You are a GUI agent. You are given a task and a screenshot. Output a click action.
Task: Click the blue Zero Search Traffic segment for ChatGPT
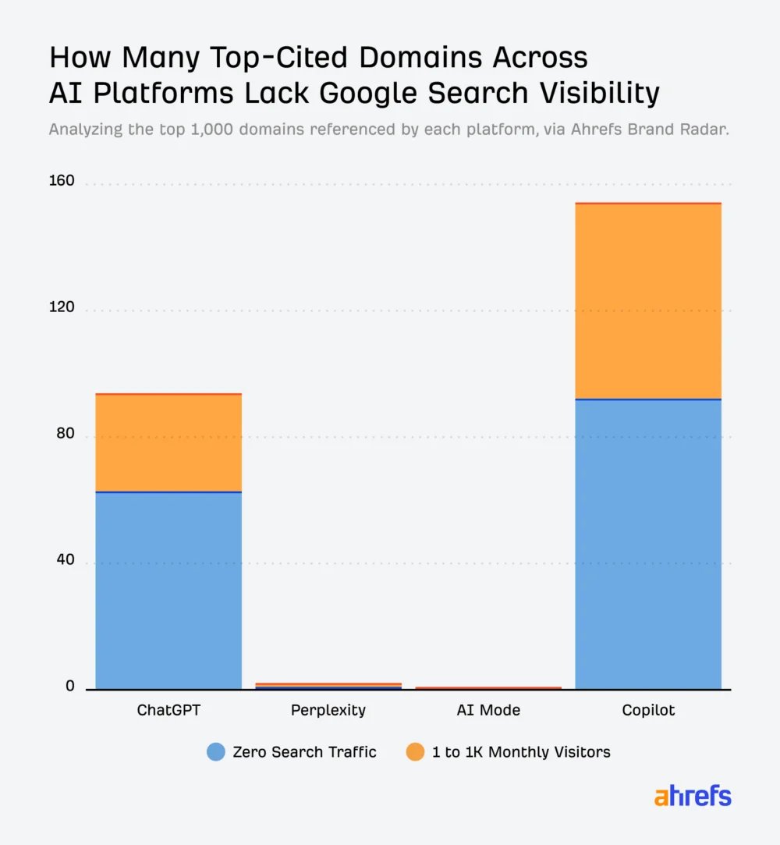pos(168,591)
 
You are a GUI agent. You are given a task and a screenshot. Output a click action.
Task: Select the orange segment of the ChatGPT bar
pos(168,443)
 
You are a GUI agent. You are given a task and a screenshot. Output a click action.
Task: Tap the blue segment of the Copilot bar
pos(647,544)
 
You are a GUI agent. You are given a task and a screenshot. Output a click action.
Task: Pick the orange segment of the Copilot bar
pos(647,301)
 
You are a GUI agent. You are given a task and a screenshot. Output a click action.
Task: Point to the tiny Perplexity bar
pos(328,686)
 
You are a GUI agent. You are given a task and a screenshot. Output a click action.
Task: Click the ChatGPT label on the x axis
pos(168,711)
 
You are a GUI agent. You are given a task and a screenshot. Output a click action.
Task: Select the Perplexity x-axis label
pos(328,711)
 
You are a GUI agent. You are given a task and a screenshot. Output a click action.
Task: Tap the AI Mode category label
pos(488,711)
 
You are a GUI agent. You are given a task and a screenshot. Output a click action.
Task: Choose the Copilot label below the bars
pos(648,711)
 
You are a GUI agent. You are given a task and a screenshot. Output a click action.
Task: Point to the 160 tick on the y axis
pos(62,181)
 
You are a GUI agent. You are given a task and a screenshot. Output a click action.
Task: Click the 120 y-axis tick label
pos(62,307)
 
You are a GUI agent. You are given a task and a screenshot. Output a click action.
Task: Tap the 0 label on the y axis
pos(69,687)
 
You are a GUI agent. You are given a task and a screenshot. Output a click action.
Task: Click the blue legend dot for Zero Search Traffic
pos(216,752)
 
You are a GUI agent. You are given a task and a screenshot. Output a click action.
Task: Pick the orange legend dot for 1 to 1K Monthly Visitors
pos(416,752)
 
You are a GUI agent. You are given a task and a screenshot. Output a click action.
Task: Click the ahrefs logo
pos(693,797)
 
